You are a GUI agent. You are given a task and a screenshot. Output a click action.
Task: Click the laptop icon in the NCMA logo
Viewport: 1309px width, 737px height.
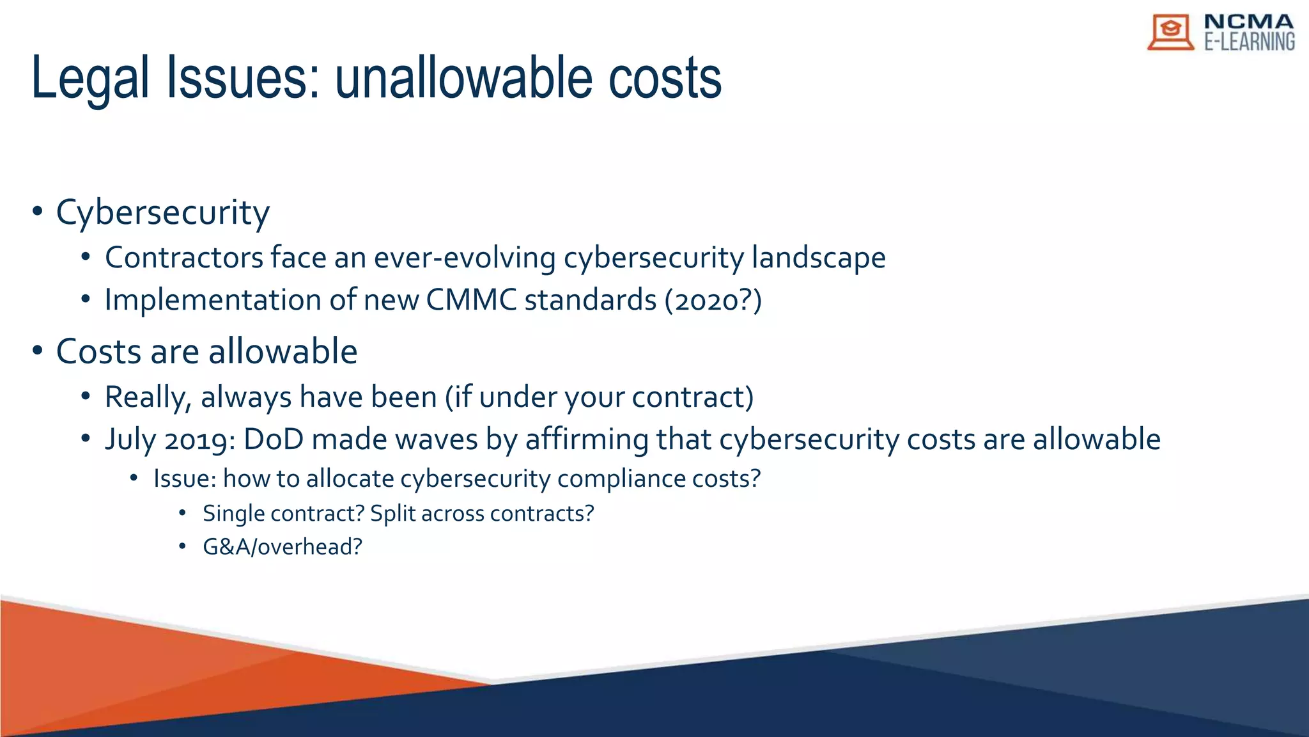pos(1170,32)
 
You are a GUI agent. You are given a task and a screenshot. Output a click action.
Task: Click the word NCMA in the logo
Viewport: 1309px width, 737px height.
pos(1248,22)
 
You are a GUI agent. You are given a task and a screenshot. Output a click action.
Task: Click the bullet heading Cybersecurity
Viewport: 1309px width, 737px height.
pos(162,212)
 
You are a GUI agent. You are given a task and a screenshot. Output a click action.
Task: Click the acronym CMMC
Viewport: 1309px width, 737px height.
pos(471,300)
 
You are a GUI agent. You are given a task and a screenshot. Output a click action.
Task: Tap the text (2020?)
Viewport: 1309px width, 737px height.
pos(713,300)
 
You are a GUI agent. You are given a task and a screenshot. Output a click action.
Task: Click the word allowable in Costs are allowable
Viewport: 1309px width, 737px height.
pos(283,351)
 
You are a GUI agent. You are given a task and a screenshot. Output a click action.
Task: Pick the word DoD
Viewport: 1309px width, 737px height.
pos(274,440)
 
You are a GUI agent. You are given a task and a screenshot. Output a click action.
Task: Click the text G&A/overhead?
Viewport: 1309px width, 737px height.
pos(282,547)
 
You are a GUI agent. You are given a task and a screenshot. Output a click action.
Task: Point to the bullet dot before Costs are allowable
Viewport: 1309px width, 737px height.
pos(38,351)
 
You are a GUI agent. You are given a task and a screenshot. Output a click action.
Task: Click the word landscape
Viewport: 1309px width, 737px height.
pos(818,258)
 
